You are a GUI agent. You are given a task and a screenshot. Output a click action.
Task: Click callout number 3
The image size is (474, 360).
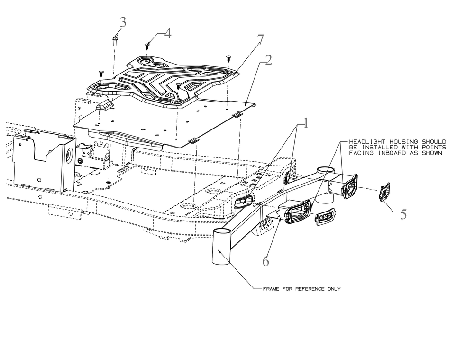[x=123, y=22]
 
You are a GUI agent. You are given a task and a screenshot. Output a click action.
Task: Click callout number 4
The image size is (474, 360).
[x=167, y=34]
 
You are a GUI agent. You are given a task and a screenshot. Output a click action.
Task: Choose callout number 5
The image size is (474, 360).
[x=403, y=214]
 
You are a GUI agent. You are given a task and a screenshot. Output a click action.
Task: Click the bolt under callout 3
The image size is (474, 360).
[x=115, y=40]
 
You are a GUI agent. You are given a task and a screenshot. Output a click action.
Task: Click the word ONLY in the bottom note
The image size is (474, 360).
[x=333, y=288]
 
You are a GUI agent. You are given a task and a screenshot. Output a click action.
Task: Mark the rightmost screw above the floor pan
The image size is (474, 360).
[x=228, y=58]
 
